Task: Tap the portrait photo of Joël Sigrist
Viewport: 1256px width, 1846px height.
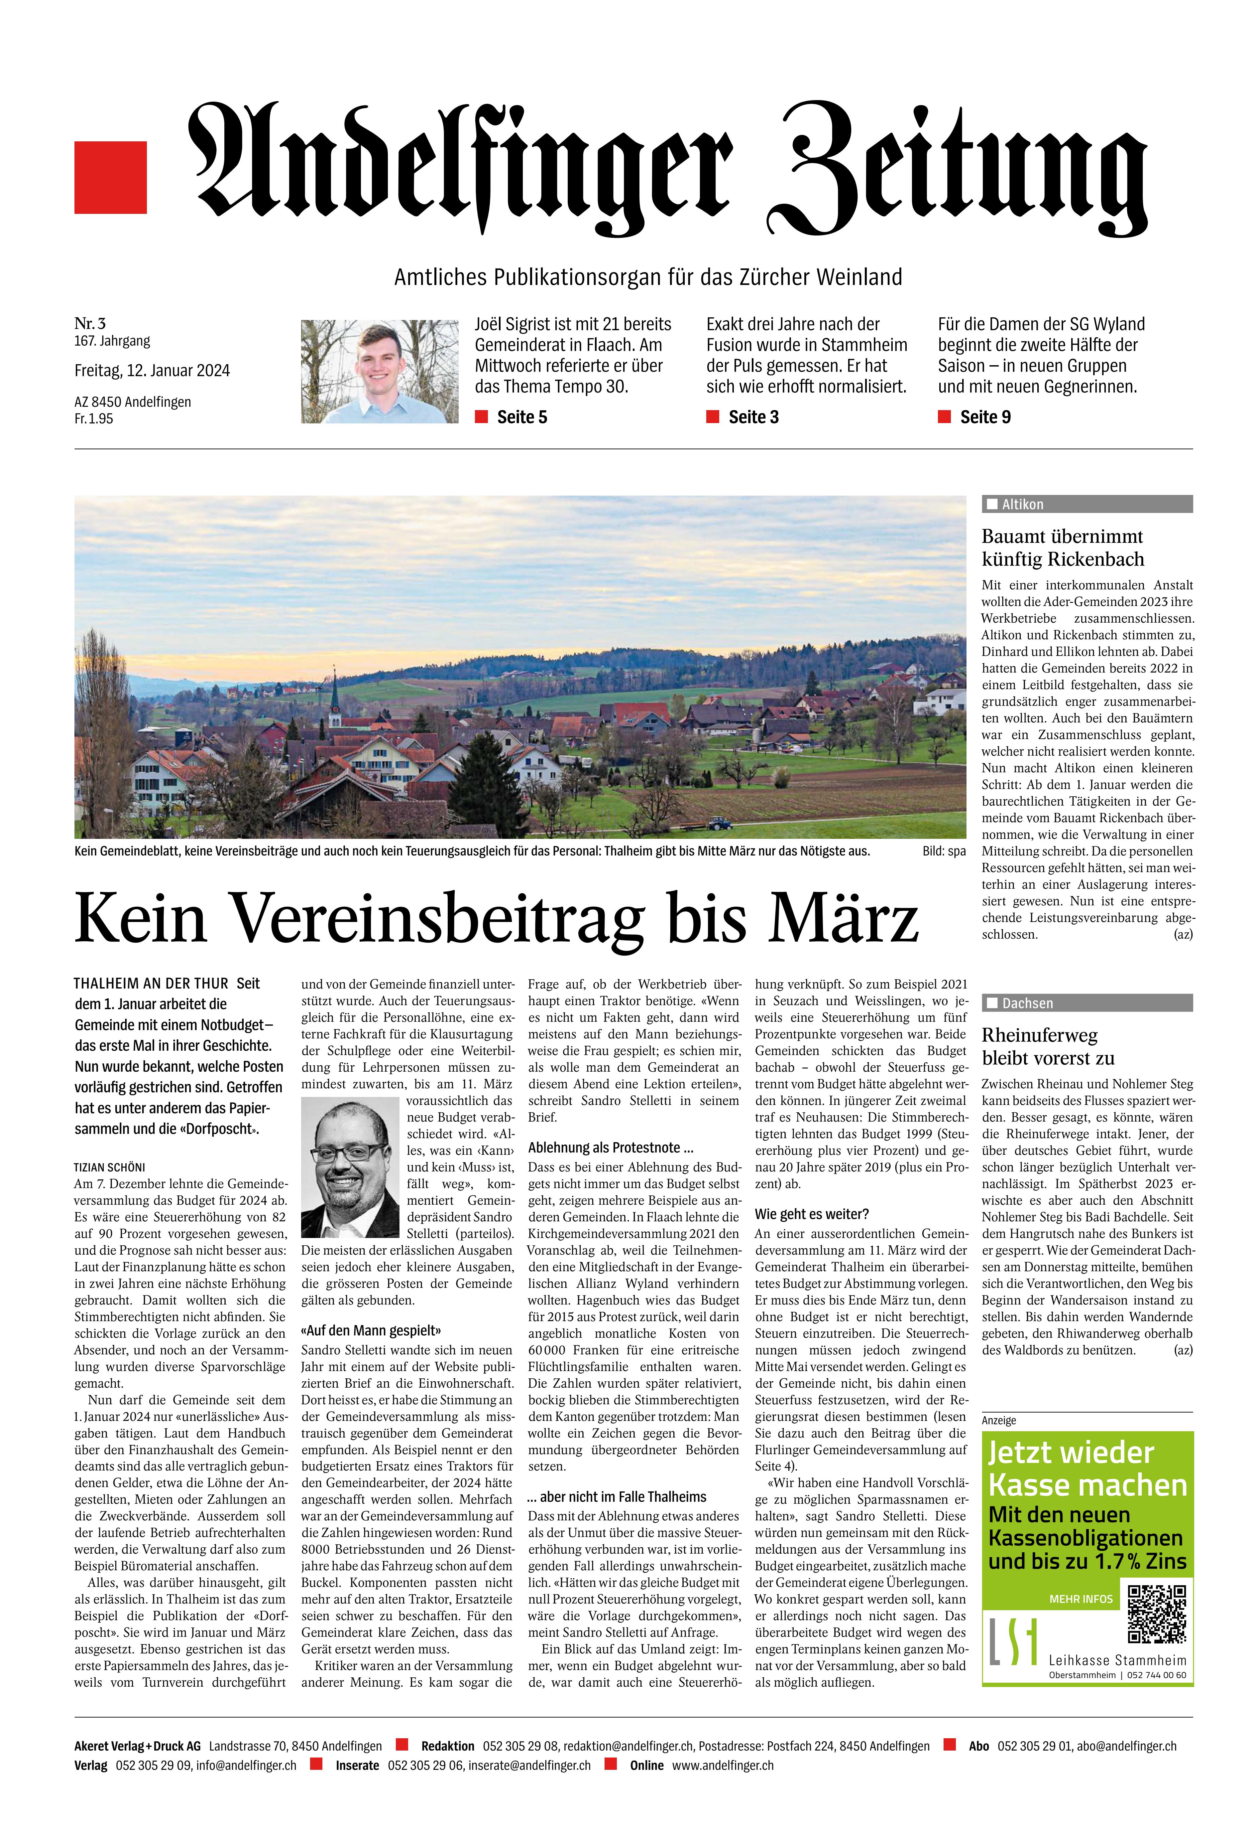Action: tap(380, 371)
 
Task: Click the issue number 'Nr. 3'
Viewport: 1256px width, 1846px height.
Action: tap(90, 323)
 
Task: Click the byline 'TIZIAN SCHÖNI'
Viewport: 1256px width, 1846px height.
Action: tap(110, 1168)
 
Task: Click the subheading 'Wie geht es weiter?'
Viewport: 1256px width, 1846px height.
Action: tap(811, 1214)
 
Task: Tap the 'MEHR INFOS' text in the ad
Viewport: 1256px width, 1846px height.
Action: tap(1081, 1598)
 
